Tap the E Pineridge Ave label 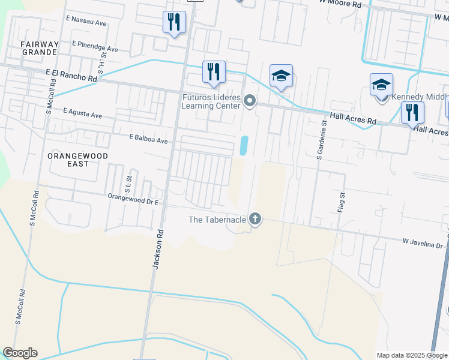coord(95,46)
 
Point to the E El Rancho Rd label coord(71,74)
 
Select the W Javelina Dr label coord(422,242)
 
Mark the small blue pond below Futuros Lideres coord(244,145)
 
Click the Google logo coord(20,353)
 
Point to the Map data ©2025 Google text coord(412,355)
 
